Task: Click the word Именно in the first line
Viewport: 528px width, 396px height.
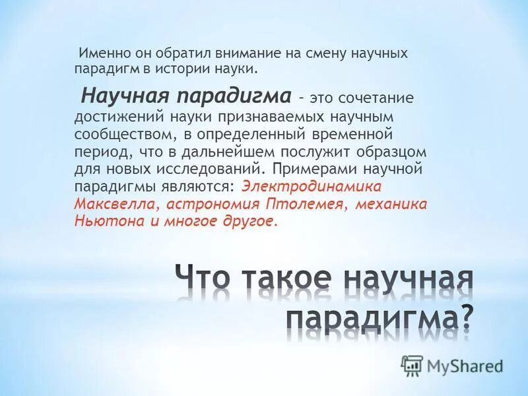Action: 101,53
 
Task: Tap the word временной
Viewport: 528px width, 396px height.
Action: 356,134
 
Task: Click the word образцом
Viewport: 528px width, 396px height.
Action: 379,152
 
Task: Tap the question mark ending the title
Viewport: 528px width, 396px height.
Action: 466,316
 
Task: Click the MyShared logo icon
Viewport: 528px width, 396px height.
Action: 412,365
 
